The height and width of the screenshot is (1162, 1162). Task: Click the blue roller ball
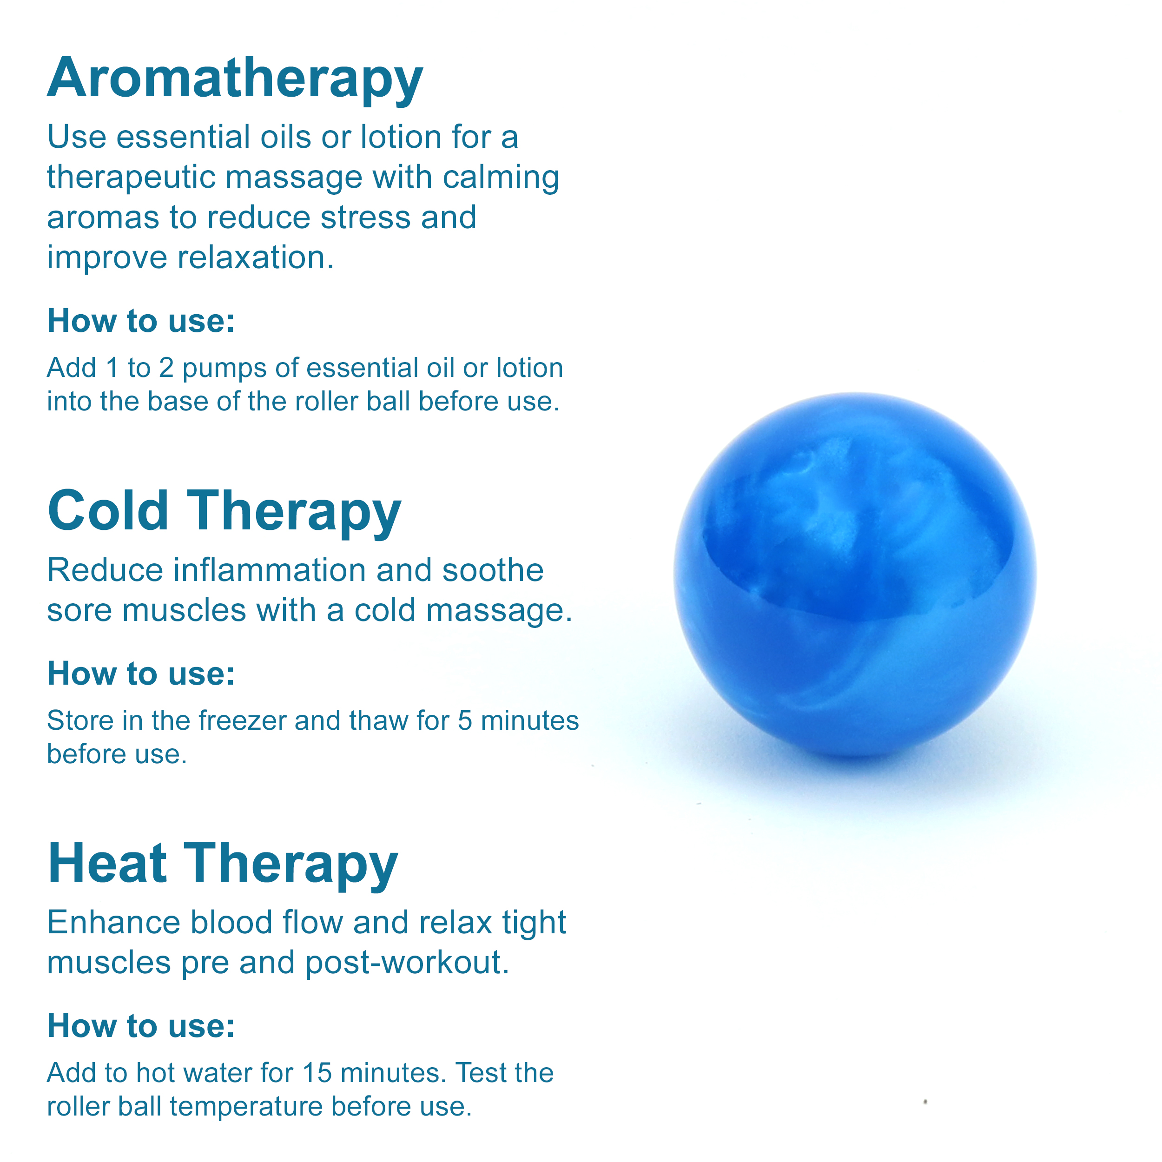(855, 574)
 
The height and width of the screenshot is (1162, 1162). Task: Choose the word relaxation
(256, 257)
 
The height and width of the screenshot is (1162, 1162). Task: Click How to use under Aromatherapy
(141, 321)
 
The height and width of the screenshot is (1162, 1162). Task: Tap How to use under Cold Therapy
(141, 673)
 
